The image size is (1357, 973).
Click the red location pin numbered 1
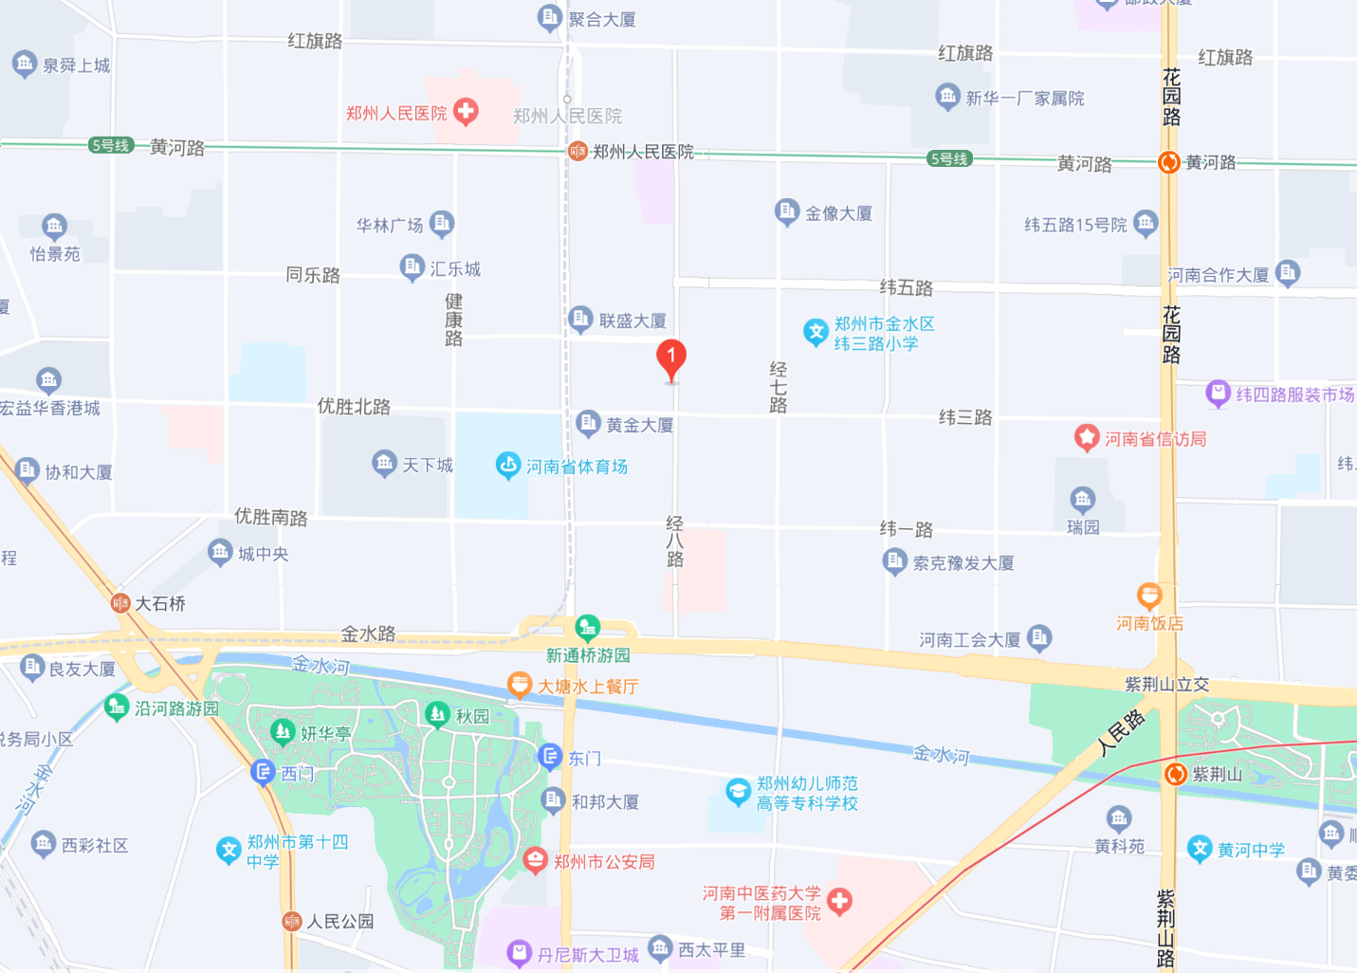[x=671, y=358]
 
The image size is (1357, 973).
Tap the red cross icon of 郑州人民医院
[x=466, y=112]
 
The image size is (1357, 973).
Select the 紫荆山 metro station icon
[x=1176, y=774]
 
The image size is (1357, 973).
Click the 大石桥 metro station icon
[x=120, y=603]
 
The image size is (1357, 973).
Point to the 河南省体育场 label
[x=577, y=467]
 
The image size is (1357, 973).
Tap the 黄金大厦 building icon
[x=588, y=423]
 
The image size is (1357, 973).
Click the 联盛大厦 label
[x=632, y=321]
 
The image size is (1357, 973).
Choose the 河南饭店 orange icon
[x=1149, y=597]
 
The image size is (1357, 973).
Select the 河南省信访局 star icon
[x=1087, y=438]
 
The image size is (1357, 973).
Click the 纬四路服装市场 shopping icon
[x=1218, y=394]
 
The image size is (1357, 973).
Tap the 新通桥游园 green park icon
[x=588, y=627]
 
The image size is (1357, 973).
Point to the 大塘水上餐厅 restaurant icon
[x=520, y=685]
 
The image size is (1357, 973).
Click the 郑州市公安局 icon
[x=536, y=860]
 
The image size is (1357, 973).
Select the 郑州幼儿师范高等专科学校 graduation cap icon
[x=738, y=792]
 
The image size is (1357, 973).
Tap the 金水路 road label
[x=368, y=633]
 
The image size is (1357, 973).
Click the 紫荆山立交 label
[x=1166, y=684]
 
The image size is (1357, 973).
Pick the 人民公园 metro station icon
[x=292, y=921]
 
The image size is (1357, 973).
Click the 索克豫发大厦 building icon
[x=894, y=561]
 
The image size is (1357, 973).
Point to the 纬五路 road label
[x=907, y=287]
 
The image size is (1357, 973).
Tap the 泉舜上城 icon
[x=24, y=64]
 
